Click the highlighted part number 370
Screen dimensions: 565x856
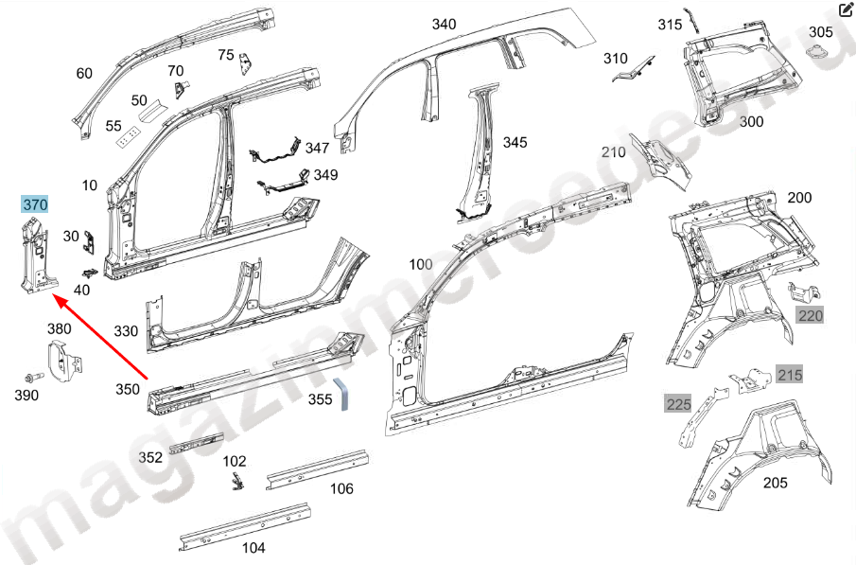point(35,204)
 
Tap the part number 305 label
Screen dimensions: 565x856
point(821,32)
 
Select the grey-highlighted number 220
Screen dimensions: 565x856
point(811,316)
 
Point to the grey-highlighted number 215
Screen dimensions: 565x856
point(790,376)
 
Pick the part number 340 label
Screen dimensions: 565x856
point(444,25)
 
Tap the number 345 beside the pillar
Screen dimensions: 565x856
point(515,142)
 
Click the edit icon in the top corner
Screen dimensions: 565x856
point(845,11)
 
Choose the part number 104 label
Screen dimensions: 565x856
point(253,547)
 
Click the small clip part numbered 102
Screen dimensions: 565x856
point(235,480)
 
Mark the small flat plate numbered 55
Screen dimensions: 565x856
point(126,138)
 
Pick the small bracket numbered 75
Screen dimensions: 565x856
point(247,63)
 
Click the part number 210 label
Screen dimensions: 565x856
point(614,152)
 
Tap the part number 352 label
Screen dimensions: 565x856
point(150,456)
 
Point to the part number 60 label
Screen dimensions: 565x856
point(84,74)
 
